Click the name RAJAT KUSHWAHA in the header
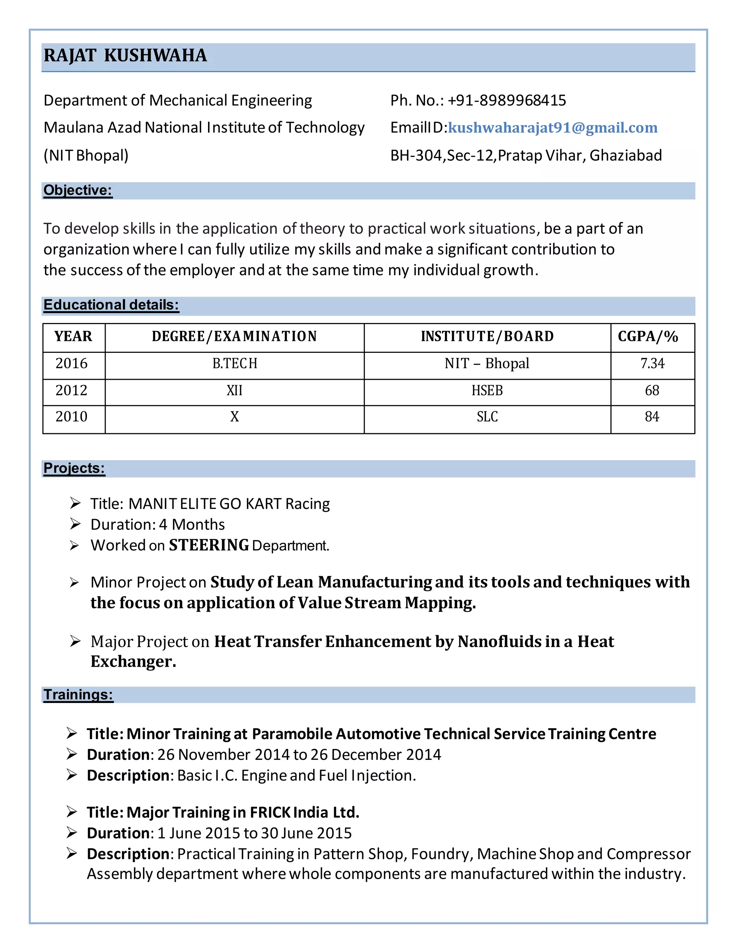(125, 56)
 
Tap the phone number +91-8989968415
(507, 100)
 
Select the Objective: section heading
(78, 190)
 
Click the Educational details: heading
(111, 305)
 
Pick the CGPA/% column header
(648, 337)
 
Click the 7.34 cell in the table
(652, 364)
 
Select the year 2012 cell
(72, 390)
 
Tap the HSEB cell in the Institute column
(487, 390)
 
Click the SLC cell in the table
(487, 417)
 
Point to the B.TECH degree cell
(235, 364)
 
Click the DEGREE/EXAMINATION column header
(234, 337)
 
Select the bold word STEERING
(209, 545)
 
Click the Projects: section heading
(74, 468)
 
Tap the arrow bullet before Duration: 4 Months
(75, 524)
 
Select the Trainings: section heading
(78, 694)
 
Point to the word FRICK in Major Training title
(270, 813)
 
